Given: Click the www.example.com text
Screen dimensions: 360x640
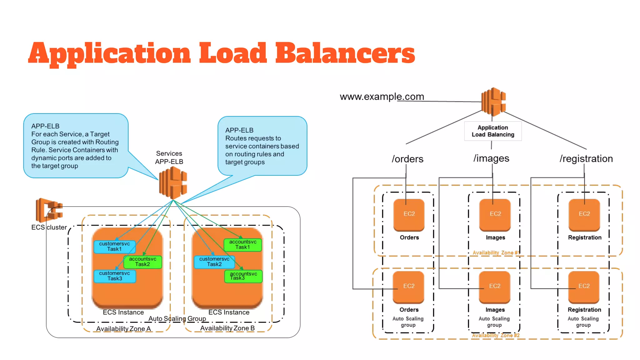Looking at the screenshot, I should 382,97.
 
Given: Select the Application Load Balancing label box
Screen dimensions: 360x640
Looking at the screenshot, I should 493,131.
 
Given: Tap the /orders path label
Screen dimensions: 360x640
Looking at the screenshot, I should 407,159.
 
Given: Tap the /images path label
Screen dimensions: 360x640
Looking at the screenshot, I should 491,158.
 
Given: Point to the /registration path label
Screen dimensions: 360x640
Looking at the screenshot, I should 586,158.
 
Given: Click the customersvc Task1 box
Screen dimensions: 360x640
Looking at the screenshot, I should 114,247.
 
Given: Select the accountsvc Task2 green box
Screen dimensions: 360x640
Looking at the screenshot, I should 142,262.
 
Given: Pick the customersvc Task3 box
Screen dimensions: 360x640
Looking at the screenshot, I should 114,276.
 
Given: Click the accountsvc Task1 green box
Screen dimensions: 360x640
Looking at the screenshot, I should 242,245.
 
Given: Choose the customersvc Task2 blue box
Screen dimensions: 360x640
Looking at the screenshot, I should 214,262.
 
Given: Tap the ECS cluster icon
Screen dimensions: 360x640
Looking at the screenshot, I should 49,210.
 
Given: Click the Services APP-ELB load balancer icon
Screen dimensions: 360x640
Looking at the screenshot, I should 173,183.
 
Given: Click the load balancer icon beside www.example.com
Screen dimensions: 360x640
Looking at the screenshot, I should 493,102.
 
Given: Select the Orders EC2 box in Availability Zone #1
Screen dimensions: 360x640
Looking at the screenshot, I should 409,215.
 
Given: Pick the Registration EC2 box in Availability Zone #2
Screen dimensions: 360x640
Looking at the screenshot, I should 584,287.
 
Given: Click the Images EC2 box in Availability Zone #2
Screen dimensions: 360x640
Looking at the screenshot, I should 495,287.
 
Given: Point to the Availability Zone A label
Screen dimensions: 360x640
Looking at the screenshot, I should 123,329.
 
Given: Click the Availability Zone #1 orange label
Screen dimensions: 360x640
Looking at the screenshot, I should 496,252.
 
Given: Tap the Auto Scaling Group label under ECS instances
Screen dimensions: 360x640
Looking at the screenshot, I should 177,318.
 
